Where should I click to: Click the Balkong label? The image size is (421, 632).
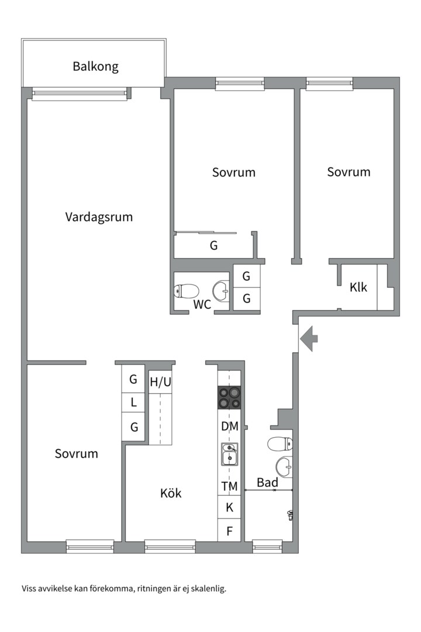pyautogui.click(x=95, y=66)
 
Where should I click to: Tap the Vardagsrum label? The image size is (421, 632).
pyautogui.click(x=99, y=217)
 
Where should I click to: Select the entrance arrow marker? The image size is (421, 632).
pyautogui.click(x=309, y=338)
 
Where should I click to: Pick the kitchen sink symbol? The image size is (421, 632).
pyautogui.click(x=229, y=454)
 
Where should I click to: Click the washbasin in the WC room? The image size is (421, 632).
pyautogui.click(x=222, y=290)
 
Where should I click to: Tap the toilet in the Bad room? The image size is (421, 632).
pyautogui.click(x=279, y=444)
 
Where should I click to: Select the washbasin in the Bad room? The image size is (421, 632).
pyautogui.click(x=284, y=466)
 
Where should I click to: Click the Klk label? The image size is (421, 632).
pyautogui.click(x=358, y=287)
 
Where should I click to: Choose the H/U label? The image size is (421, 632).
pyautogui.click(x=161, y=383)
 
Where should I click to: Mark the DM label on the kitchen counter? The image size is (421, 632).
pyautogui.click(x=229, y=427)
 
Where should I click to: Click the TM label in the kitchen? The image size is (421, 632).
pyautogui.click(x=229, y=486)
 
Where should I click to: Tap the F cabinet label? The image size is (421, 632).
pyautogui.click(x=229, y=531)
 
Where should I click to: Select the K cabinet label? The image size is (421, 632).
pyautogui.click(x=229, y=507)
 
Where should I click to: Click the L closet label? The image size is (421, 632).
pyautogui.click(x=134, y=403)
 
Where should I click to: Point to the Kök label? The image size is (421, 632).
pyautogui.click(x=171, y=493)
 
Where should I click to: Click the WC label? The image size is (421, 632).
pyautogui.click(x=202, y=304)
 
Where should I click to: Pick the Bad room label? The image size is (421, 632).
pyautogui.click(x=267, y=483)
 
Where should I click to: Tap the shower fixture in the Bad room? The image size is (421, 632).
pyautogui.click(x=290, y=514)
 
